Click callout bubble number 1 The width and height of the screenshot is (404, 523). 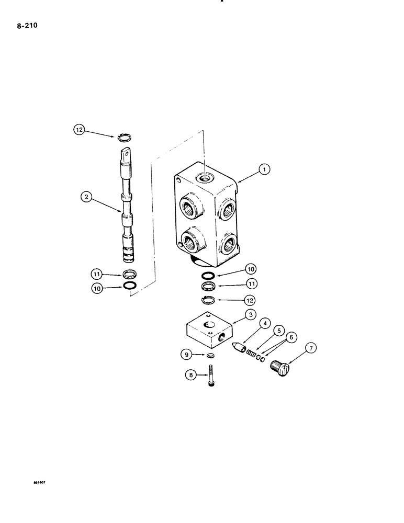coord(265,169)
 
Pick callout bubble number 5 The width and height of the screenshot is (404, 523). coord(280,331)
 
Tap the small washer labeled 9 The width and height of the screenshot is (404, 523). coord(210,356)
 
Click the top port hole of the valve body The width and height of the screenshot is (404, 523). coord(204,178)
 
